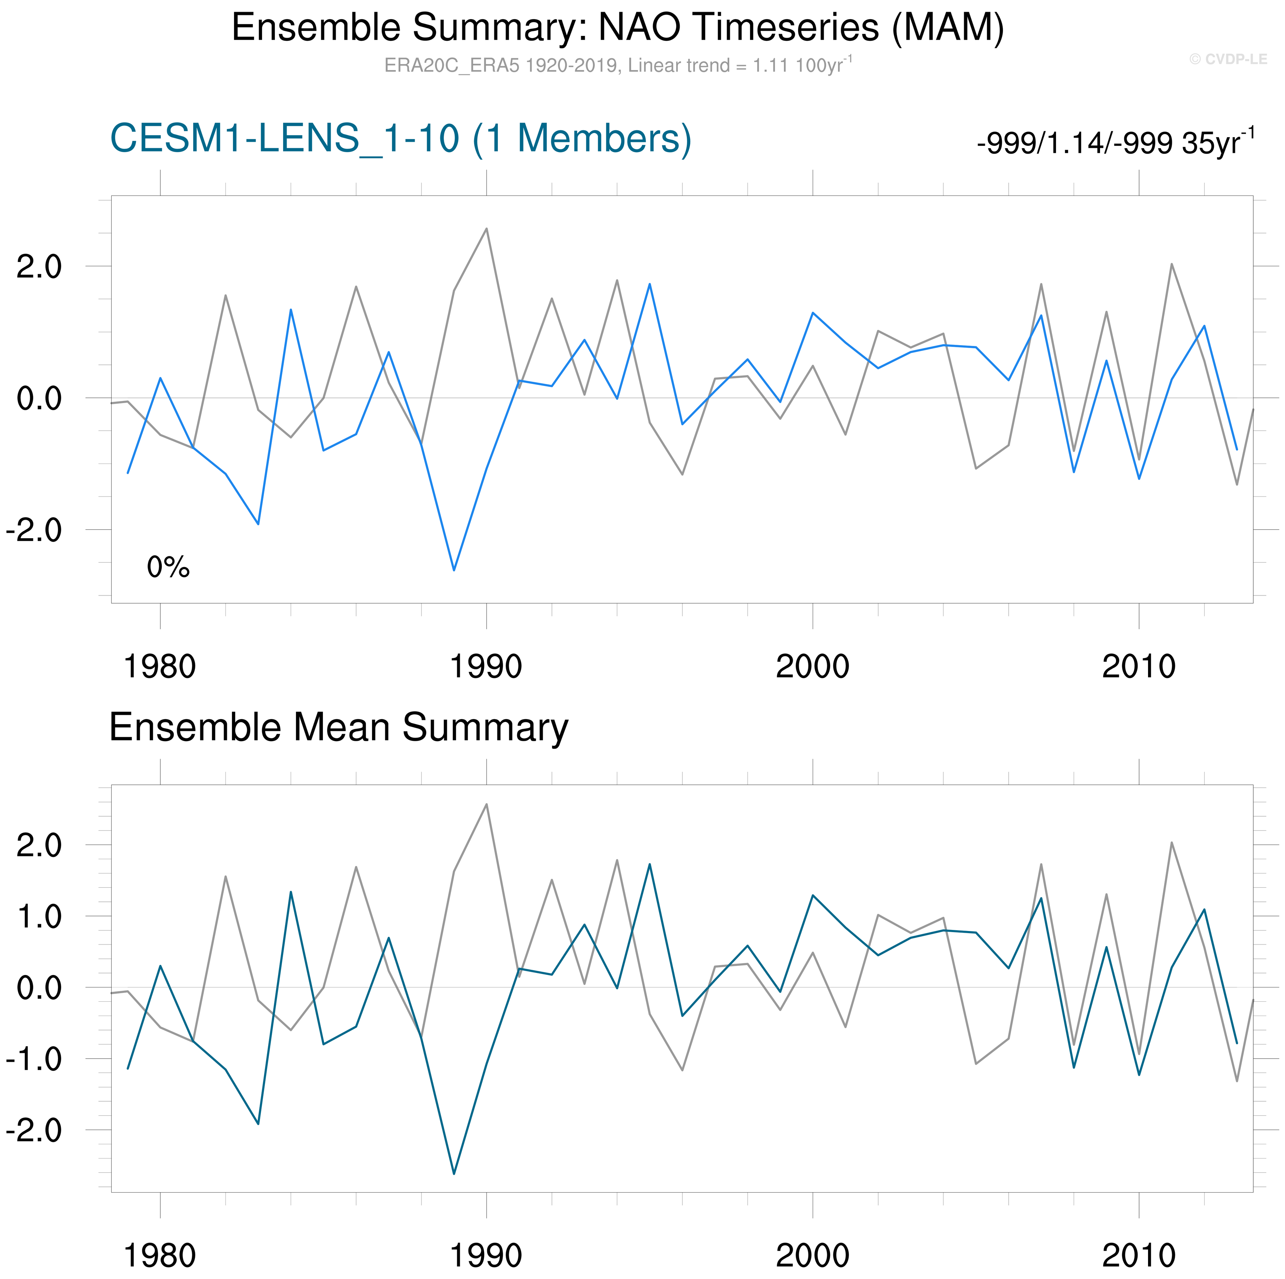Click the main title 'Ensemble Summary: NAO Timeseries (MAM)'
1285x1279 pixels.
click(x=617, y=28)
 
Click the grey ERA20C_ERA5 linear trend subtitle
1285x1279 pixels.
click(x=617, y=65)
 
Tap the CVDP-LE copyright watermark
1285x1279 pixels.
click(x=1228, y=59)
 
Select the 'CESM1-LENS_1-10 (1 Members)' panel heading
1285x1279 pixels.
click(x=400, y=139)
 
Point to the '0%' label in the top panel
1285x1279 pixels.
click(x=168, y=567)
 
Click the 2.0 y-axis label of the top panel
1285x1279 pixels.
click(x=38, y=267)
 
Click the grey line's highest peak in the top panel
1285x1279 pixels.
click(x=486, y=229)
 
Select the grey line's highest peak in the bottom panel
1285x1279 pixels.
click(x=486, y=804)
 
